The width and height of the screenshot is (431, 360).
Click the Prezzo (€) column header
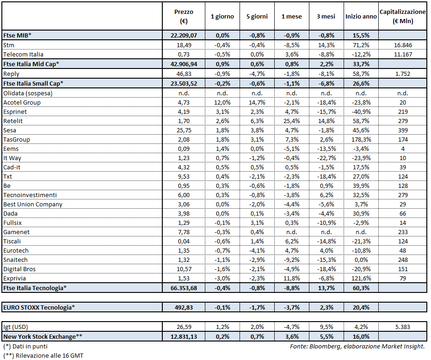coord(184,16)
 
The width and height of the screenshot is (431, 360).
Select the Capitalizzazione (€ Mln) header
coord(402,16)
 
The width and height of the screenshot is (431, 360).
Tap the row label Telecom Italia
coord(23,55)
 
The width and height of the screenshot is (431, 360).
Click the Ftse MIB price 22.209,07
coord(184,35)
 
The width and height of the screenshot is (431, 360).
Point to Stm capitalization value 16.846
coord(402,45)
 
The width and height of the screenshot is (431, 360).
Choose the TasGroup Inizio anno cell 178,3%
coord(361,139)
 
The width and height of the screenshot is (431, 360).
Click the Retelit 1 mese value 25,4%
coord(291,121)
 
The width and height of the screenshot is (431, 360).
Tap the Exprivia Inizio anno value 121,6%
coord(361,278)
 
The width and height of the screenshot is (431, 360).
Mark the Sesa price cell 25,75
coord(184,130)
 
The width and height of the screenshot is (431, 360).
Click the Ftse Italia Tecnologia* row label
coord(35,288)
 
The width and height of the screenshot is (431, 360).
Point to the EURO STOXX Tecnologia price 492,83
coord(184,307)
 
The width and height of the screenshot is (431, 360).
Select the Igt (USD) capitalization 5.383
coord(402,328)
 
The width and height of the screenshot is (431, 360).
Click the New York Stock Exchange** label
coord(44,337)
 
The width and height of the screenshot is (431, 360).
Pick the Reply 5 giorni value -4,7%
coord(256,74)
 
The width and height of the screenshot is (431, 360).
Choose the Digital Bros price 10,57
coord(184,269)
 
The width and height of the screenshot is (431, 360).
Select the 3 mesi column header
coord(326,16)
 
